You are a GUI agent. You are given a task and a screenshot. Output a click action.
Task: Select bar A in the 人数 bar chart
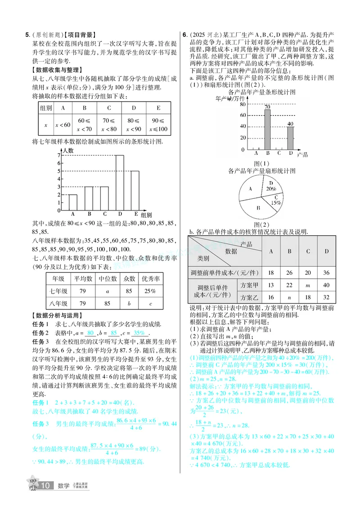pyautogui.click(x=73, y=202)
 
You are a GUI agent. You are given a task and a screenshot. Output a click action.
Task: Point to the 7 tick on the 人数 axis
pyautogui.click(x=59, y=155)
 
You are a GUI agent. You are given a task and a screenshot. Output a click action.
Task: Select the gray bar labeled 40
pyautogui.click(x=290, y=138)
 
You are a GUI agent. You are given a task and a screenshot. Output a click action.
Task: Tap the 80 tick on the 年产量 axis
pyautogui.click(x=243, y=104)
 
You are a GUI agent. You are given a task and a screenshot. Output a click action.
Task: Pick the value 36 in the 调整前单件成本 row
pyautogui.click(x=326, y=273)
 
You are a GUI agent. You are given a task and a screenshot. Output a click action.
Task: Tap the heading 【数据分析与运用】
pyautogui.click(x=57, y=315)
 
